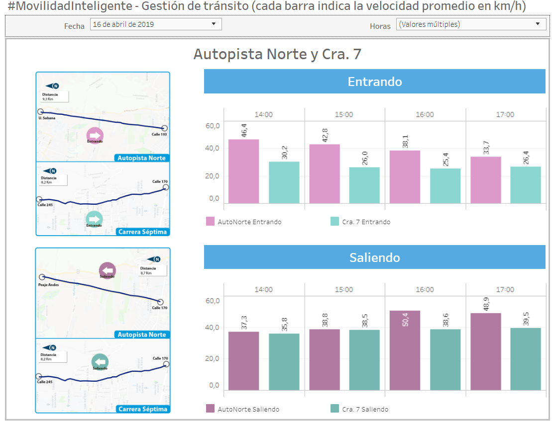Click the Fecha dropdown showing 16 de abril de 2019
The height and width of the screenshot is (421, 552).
pyautogui.click(x=155, y=24)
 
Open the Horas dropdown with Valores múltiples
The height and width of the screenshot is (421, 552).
pyautogui.click(x=470, y=24)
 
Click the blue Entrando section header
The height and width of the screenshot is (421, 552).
pyautogui.click(x=374, y=82)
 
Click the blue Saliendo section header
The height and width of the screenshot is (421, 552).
pyautogui.click(x=374, y=257)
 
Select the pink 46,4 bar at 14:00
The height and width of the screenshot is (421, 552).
pyautogui.click(x=243, y=171)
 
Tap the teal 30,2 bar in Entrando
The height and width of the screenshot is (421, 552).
pyautogui.click(x=284, y=182)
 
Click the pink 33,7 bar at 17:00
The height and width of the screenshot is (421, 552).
pyautogui.click(x=485, y=180)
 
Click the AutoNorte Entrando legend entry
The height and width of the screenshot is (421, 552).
pyautogui.click(x=244, y=222)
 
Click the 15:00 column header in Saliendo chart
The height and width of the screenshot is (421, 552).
pyautogui.click(x=344, y=289)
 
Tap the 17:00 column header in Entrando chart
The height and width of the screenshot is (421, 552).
pyautogui.click(x=505, y=114)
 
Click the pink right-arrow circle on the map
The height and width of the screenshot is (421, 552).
pyautogui.click(x=95, y=135)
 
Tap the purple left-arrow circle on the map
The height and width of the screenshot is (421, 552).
pyautogui.click(x=107, y=270)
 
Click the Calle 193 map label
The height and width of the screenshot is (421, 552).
pyautogui.click(x=159, y=135)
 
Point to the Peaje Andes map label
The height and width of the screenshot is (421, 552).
pyautogui.click(x=48, y=285)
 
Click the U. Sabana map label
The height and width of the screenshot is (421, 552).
pyautogui.click(x=46, y=118)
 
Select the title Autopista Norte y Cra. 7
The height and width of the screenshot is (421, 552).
pyautogui.click(x=277, y=54)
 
